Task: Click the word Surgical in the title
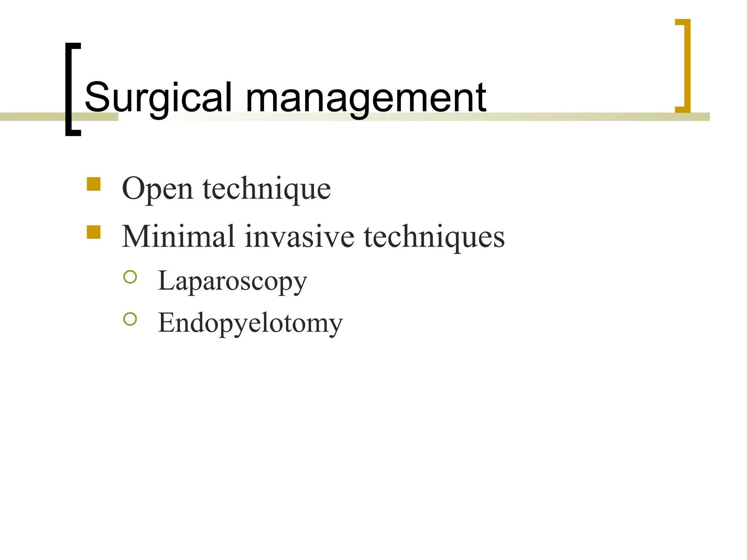point(158,98)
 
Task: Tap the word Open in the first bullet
point(157,189)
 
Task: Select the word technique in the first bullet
point(267,188)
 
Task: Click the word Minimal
point(178,237)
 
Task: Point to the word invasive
point(299,237)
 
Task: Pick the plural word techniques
point(434,237)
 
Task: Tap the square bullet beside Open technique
point(94,184)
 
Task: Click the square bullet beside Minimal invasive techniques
point(94,232)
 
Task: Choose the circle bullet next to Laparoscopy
point(130,277)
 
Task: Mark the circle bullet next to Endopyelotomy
point(130,319)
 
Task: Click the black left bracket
point(72,89)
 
